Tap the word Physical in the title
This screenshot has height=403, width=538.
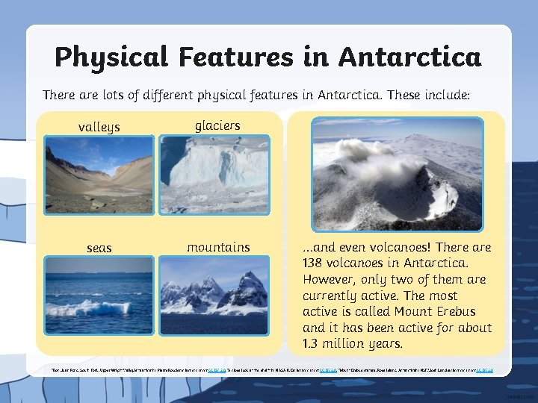tap(108, 57)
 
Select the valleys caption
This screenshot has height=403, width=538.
tap(99, 127)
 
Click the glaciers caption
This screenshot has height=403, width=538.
tap(217, 125)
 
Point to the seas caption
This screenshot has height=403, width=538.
tap(99, 248)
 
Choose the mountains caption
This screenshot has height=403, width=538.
tap(218, 246)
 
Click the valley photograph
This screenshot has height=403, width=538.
tap(99, 175)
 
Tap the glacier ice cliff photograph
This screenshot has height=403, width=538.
tap(214, 175)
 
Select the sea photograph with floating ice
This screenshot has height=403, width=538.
tap(99, 296)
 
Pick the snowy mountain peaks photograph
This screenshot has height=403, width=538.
tap(214, 296)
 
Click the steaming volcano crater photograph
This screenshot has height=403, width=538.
tap(397, 174)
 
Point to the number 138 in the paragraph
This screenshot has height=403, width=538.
tap(314, 263)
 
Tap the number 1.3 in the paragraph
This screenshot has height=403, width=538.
tap(312, 344)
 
